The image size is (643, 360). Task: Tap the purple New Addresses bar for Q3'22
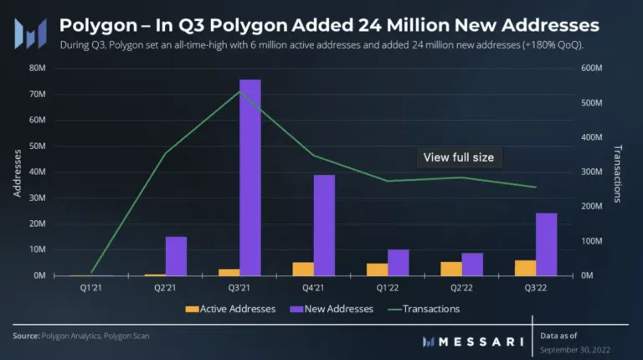(x=546, y=244)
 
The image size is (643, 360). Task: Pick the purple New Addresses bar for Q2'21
(x=176, y=255)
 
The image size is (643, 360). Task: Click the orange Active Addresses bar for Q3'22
(x=525, y=267)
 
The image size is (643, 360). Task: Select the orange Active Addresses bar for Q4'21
(x=303, y=268)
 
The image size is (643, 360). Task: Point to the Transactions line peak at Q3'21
(x=239, y=91)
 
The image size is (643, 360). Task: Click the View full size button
(x=459, y=157)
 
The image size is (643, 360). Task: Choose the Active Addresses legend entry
(x=230, y=309)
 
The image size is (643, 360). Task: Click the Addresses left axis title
(x=18, y=172)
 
